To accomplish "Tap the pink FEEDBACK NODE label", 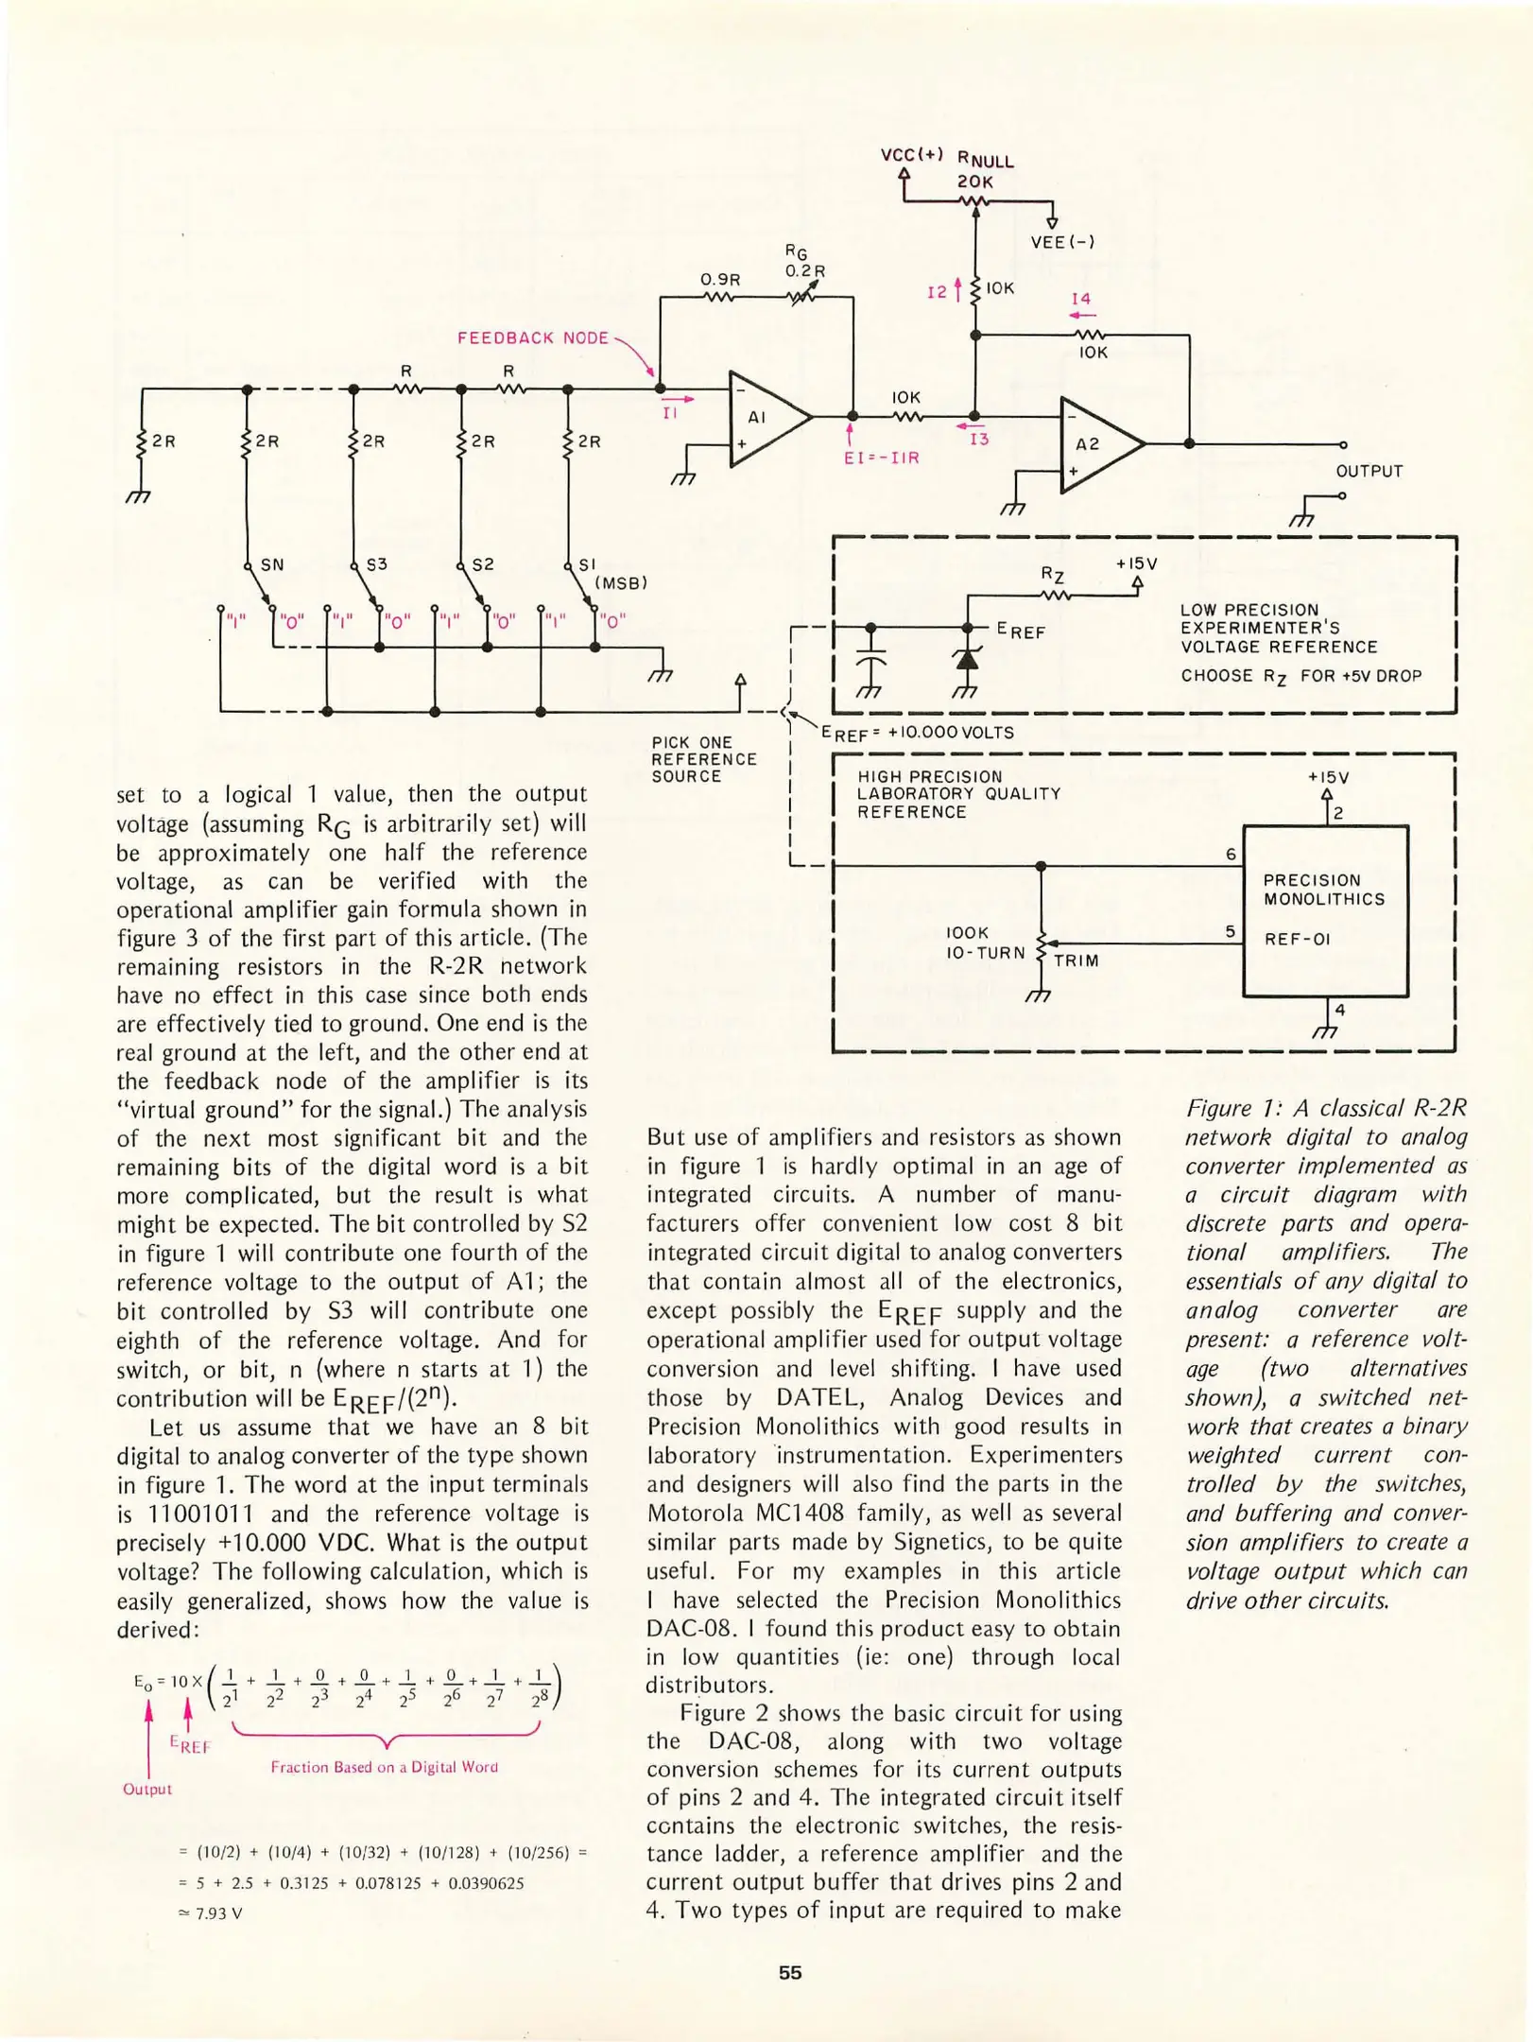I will pos(533,337).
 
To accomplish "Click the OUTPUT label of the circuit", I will pos(1369,471).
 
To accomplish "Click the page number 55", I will pos(790,1973).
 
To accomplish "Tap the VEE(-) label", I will pos(1062,242).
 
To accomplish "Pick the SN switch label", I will pos(272,565).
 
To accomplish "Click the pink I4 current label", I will pos(1080,299).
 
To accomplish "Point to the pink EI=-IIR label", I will pos(881,458).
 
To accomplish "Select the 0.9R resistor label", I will pos(720,279).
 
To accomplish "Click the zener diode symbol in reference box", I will pos(966,658).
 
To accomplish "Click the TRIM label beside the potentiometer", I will pos(1077,960).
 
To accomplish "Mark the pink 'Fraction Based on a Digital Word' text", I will pos(384,1767).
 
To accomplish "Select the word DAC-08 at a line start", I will pos(689,1629).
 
